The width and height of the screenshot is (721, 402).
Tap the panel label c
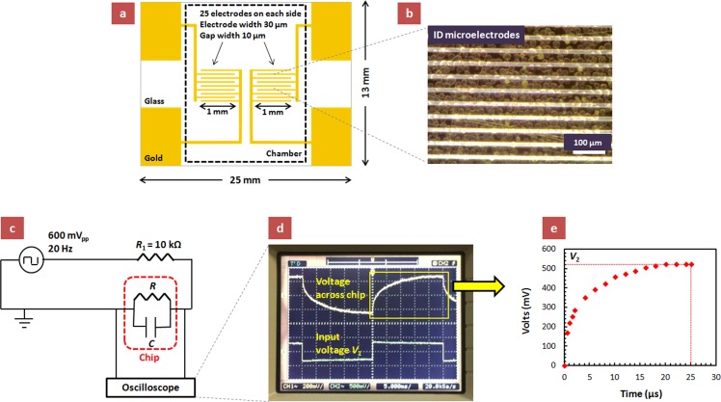14,228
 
